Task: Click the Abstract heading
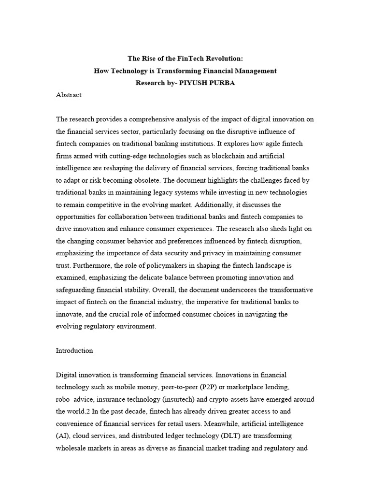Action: [x=69, y=95]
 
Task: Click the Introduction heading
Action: [x=74, y=350]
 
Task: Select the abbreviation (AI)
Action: [x=63, y=436]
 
